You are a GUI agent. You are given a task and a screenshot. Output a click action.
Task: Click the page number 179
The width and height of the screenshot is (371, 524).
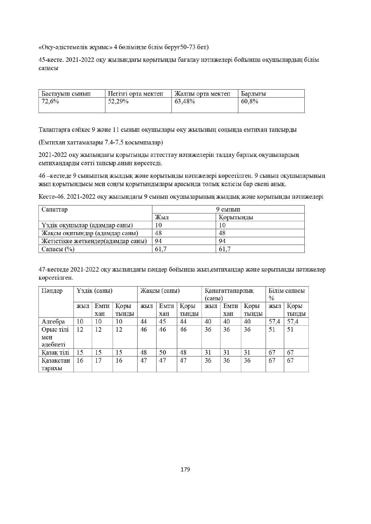[x=185, y=469]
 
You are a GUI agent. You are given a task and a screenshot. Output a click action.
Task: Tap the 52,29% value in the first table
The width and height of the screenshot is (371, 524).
[x=118, y=101]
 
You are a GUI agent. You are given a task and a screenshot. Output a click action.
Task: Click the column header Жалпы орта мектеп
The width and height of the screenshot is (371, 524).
[x=202, y=94]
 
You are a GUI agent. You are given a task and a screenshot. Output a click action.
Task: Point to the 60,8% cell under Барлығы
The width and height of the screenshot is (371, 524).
[x=250, y=101]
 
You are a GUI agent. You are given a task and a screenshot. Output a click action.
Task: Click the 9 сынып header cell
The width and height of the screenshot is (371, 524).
[x=228, y=209]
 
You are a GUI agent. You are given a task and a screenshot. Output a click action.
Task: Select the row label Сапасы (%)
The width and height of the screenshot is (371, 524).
[x=58, y=249]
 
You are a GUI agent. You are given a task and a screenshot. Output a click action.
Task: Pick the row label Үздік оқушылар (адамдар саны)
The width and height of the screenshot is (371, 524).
[x=87, y=225]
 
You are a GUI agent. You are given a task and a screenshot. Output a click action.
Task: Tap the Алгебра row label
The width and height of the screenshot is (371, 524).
[x=53, y=321]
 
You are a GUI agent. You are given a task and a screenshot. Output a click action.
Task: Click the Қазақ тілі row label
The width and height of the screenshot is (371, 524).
[x=56, y=353]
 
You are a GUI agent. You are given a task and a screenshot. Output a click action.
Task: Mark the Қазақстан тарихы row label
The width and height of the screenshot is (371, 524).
[x=56, y=364]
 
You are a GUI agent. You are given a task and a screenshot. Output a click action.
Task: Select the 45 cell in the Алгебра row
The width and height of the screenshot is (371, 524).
[x=163, y=321]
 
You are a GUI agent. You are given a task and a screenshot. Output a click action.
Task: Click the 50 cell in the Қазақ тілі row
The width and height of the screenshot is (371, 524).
[x=163, y=353]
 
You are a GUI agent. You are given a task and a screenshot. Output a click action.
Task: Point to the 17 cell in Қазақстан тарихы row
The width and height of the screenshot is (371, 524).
[x=98, y=360]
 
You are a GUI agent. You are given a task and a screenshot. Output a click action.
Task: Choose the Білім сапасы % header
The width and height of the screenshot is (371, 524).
[x=286, y=294]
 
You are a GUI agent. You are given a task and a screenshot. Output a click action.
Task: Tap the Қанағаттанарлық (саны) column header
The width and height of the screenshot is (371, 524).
[x=229, y=294]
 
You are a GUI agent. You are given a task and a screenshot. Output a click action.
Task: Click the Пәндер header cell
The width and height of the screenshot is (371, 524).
[x=52, y=291]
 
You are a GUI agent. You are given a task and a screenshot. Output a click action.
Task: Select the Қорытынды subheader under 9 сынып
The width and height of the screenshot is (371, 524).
[x=236, y=217]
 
